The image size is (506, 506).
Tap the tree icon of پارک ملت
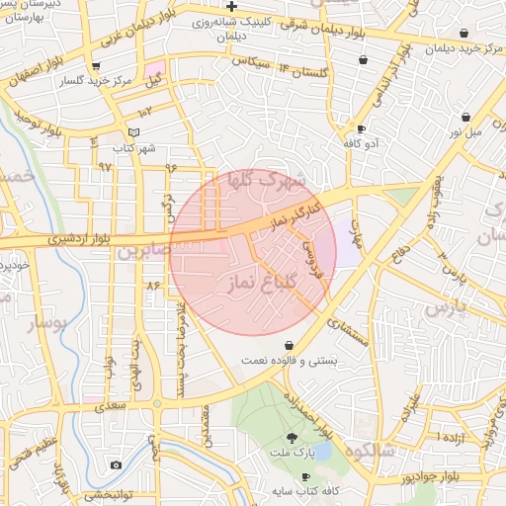click(x=292, y=437)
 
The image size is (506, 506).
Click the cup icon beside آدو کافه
click(x=361, y=129)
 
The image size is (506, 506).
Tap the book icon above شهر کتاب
click(x=134, y=132)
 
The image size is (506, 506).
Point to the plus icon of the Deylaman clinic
click(x=230, y=6)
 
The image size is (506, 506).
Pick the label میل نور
click(x=464, y=130)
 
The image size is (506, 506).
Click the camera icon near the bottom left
click(x=116, y=464)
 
